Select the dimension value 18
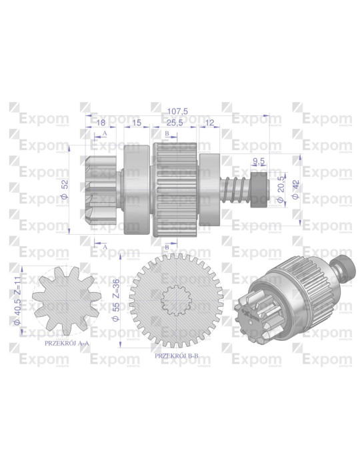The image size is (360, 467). point(101,123)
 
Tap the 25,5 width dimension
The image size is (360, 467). point(176,123)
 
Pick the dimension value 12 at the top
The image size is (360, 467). point(210,123)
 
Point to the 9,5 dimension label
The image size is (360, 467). point(260,160)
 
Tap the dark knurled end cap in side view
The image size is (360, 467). point(260,189)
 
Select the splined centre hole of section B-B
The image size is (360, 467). point(177,300)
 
